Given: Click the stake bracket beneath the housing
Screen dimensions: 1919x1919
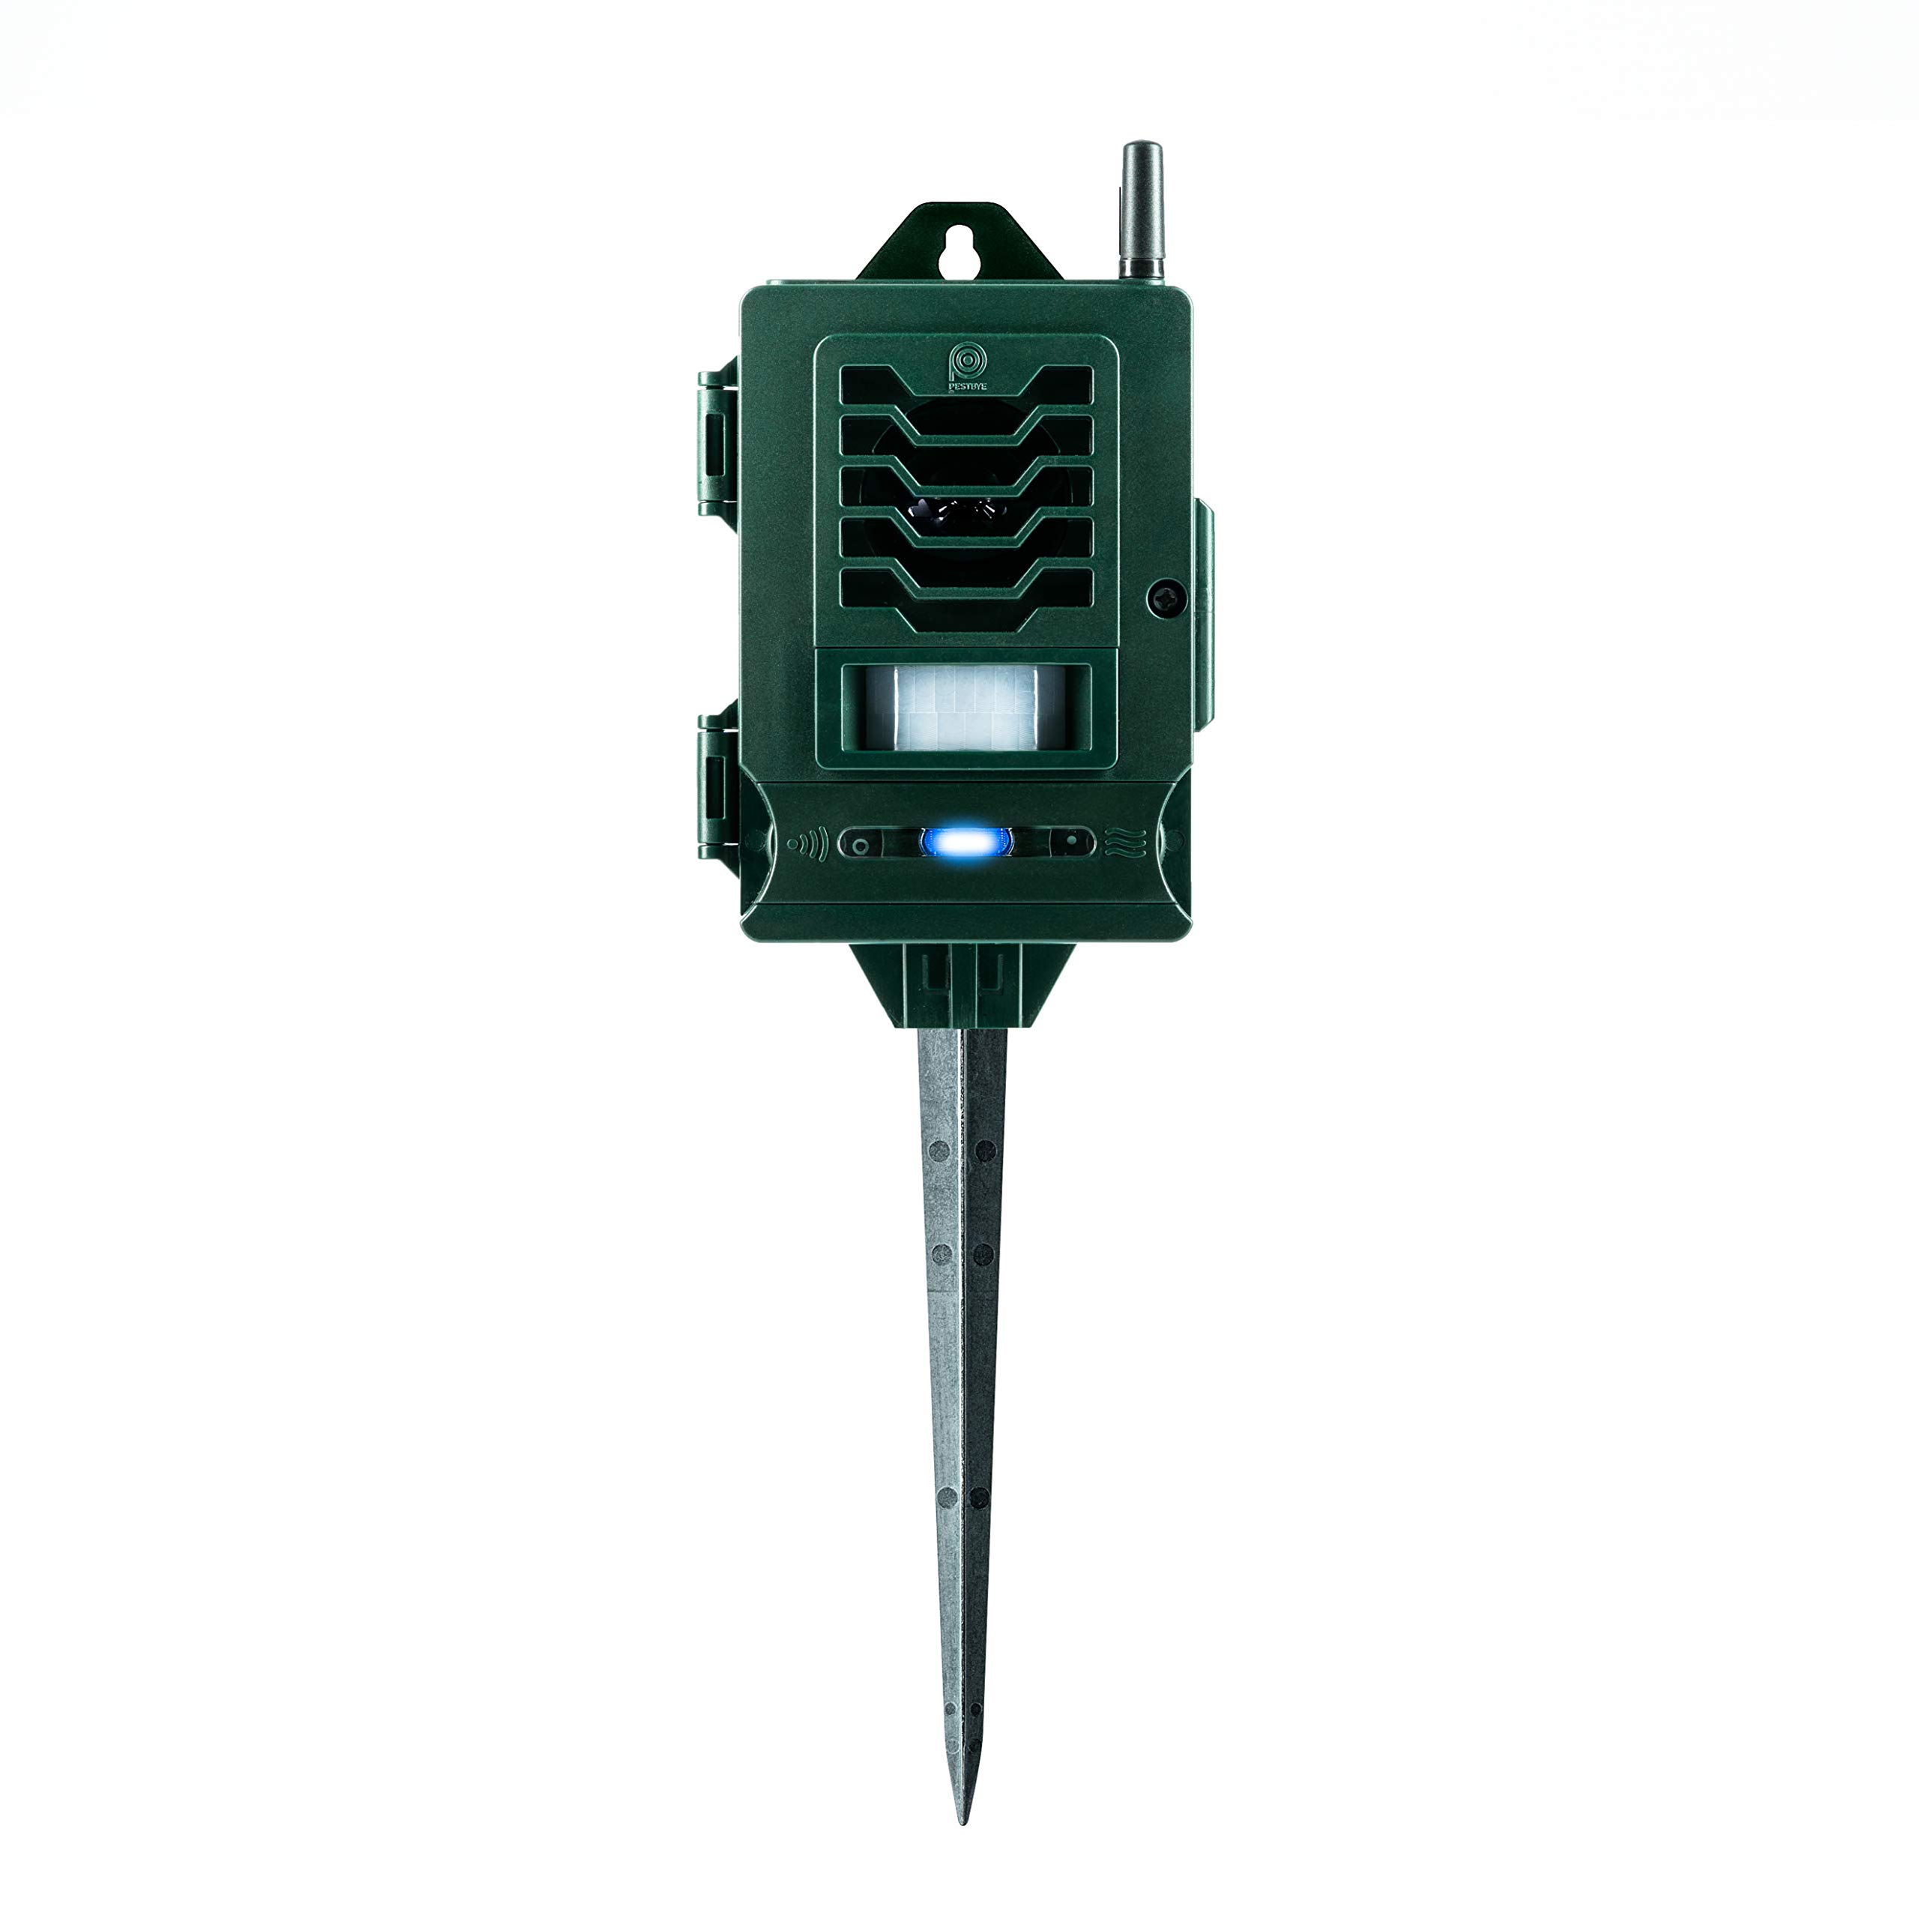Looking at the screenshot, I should coord(962,985).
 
